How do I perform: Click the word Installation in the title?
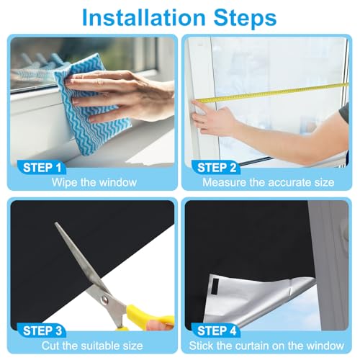point(144,18)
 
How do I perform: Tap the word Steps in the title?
point(245,18)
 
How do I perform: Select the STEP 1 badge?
point(42,168)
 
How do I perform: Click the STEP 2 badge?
point(217,168)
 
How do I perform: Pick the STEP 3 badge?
point(42,330)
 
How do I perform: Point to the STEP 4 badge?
point(217,330)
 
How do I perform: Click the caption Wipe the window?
point(94,182)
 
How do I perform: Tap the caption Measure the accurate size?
point(269,182)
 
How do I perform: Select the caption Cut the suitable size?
point(92,346)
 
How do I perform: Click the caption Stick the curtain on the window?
point(266,346)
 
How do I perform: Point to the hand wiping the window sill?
point(120,95)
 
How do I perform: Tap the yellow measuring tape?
point(271,92)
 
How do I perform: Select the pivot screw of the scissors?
point(104,299)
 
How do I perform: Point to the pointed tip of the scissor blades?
point(56,223)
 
